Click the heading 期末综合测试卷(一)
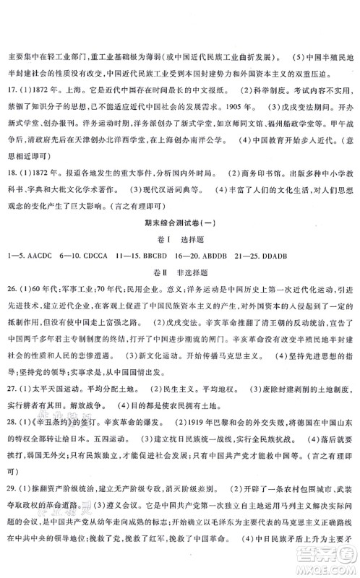180,228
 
